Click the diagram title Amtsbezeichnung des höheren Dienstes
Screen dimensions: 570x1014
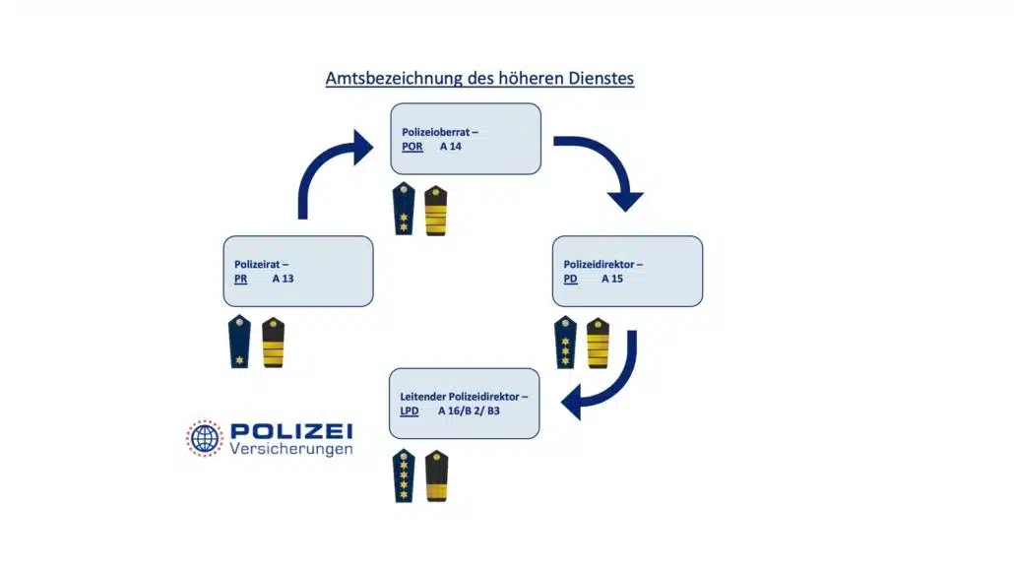click(x=479, y=78)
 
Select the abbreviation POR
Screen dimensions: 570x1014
click(x=412, y=147)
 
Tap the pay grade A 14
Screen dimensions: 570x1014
click(x=451, y=147)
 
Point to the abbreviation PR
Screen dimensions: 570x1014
click(x=241, y=279)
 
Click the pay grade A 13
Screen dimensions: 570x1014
click(x=284, y=279)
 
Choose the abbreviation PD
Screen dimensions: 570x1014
click(x=571, y=279)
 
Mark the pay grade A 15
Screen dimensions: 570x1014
click(x=612, y=279)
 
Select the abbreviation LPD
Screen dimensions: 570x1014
click(x=411, y=411)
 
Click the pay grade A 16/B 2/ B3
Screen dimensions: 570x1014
click(x=469, y=411)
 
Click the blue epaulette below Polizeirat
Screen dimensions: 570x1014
click(x=239, y=342)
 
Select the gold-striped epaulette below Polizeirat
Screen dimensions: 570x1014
click(x=273, y=342)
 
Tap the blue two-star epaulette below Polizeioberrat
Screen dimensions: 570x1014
click(x=404, y=210)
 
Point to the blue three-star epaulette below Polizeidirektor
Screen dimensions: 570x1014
click(x=565, y=342)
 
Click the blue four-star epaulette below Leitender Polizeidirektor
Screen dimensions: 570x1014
click(x=404, y=475)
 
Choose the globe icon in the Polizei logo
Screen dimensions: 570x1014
click(x=205, y=439)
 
